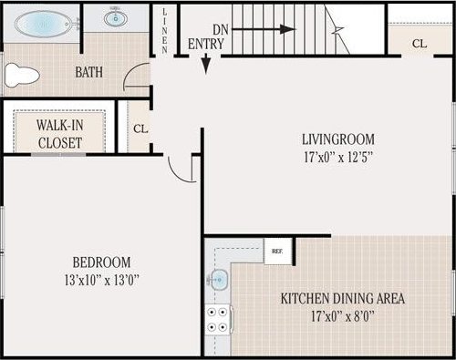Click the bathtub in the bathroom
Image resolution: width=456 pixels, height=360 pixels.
point(43,22)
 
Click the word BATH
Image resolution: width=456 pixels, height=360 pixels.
point(89,72)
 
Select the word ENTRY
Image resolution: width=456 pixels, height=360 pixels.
point(206,44)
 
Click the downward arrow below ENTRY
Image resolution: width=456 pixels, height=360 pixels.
point(206,62)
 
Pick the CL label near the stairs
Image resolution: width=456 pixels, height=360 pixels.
point(419,43)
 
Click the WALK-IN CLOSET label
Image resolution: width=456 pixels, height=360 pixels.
point(59,134)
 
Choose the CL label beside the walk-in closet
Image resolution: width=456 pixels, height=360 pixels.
point(140,129)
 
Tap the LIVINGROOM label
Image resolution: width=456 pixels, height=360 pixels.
point(338,139)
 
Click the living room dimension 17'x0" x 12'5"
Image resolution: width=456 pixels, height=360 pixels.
point(338,156)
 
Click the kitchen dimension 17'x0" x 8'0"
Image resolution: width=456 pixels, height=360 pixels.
point(342,315)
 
